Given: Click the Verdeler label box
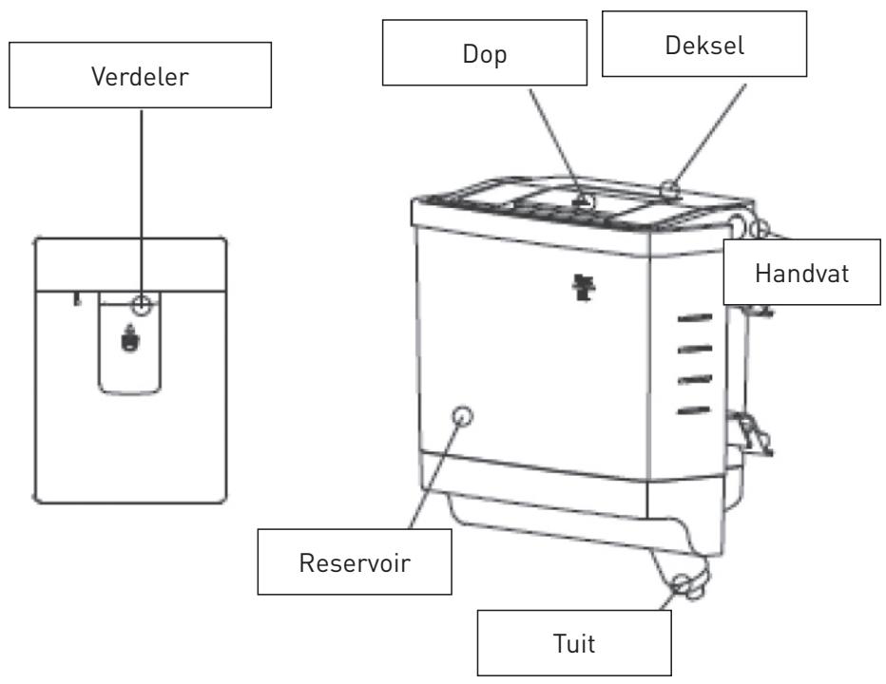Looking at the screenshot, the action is (140, 75).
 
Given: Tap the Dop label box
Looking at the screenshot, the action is (485, 53).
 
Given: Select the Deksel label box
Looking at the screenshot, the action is (704, 44).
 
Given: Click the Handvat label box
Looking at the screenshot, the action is (801, 273).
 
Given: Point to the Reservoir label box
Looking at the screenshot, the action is (355, 562).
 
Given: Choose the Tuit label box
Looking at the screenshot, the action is (574, 643).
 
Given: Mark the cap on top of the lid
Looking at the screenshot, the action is (583, 200).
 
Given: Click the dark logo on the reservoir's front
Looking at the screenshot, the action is (583, 288).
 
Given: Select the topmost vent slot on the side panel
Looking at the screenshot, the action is (695, 318).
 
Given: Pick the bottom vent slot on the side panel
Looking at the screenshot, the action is (694, 410).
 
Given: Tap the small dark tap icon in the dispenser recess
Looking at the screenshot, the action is (130, 338).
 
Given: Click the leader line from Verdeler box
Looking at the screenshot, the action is (142, 202).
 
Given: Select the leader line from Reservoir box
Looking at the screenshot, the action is (435, 477).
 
